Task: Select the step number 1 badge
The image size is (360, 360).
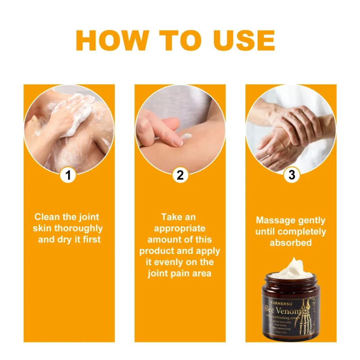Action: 68,175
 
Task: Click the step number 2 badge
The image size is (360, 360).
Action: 180,175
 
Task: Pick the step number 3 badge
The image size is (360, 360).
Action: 291,175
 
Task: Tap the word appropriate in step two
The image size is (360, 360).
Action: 180,228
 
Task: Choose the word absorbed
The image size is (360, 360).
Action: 291,243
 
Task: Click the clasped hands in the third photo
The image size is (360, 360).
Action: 292,130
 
